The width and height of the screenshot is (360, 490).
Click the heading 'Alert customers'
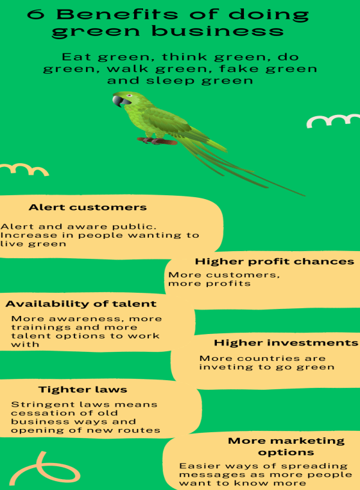coord(88,207)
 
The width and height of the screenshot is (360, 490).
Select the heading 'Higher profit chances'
coord(275,261)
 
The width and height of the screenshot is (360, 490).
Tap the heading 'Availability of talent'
coord(81,304)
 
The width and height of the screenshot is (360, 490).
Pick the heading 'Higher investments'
coord(286,342)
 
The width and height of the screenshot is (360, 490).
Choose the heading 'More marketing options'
coord(286,446)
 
